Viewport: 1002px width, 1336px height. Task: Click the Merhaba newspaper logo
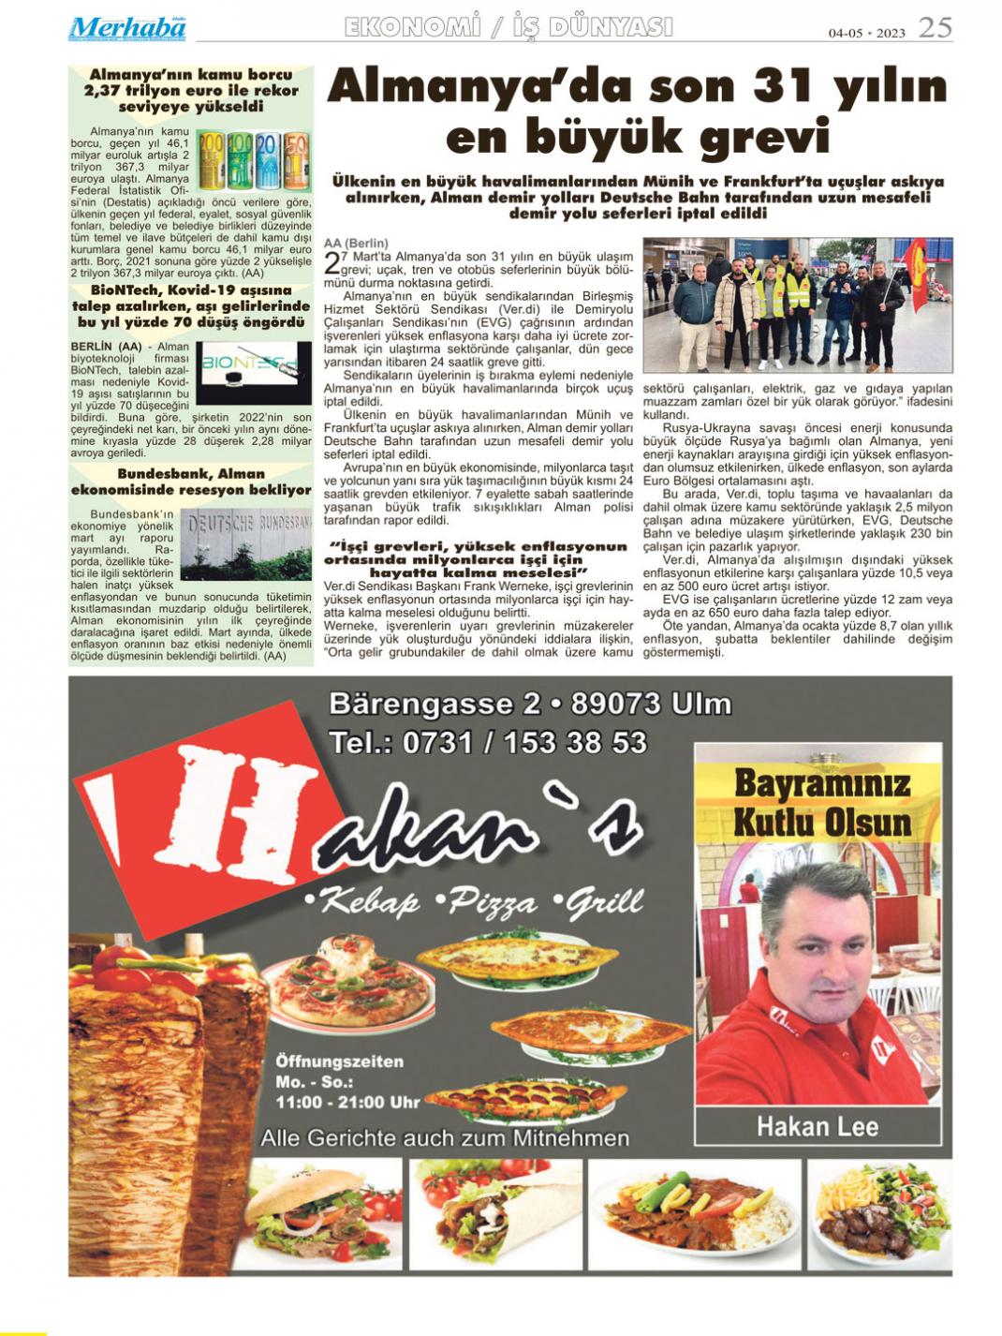[126, 29]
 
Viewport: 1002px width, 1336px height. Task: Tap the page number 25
[935, 28]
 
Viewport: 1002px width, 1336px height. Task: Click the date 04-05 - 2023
[866, 33]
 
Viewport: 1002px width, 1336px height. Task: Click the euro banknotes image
[254, 159]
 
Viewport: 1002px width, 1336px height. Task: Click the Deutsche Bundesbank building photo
[246, 543]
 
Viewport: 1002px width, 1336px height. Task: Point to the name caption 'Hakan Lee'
[818, 1125]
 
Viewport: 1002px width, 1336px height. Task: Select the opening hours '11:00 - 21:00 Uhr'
[347, 1102]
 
